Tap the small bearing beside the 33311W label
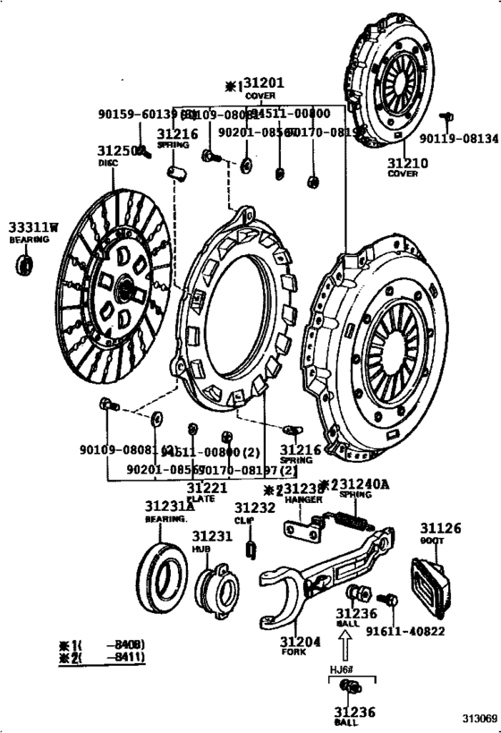(26, 264)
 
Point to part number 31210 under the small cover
(408, 163)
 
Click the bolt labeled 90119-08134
(449, 116)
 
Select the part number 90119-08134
(458, 139)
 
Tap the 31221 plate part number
(208, 488)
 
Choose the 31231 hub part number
(212, 536)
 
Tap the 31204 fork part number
(298, 642)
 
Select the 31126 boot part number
(441, 528)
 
